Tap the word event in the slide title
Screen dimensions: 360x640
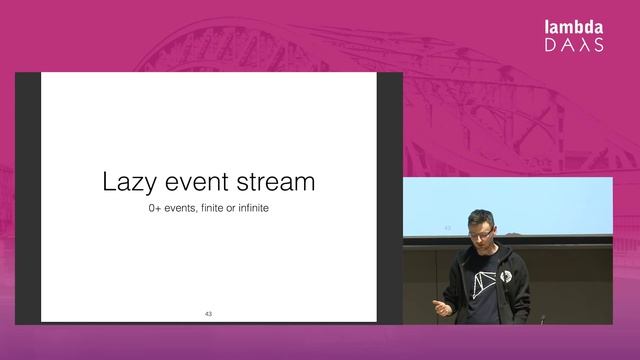[199, 183]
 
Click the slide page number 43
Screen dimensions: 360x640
[208, 314]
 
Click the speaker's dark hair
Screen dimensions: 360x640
[476, 218]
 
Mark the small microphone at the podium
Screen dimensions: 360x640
[543, 320]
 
